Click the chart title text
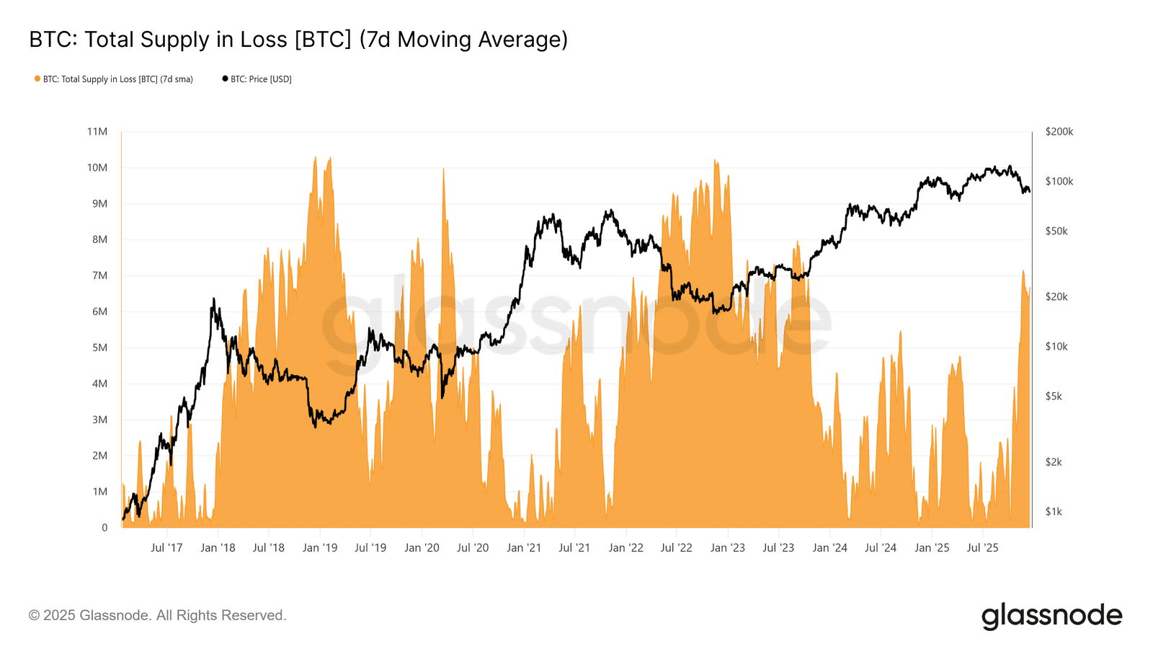click(298, 40)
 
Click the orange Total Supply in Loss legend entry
click(114, 79)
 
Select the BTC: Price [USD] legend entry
click(257, 79)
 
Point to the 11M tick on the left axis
click(97, 132)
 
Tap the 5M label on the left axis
click(99, 348)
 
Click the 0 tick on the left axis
click(104, 528)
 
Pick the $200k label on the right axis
click(1059, 132)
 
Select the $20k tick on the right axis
click(1056, 297)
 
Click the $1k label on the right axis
click(1054, 512)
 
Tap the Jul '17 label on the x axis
click(166, 548)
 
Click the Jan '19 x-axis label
click(320, 548)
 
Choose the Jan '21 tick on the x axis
click(524, 548)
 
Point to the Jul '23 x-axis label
click(778, 548)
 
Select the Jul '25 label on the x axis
click(982, 548)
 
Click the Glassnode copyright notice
click(157, 616)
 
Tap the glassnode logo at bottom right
click(1051, 617)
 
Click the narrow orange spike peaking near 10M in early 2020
click(443, 173)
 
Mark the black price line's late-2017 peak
click(214, 299)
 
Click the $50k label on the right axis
click(1056, 231)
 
